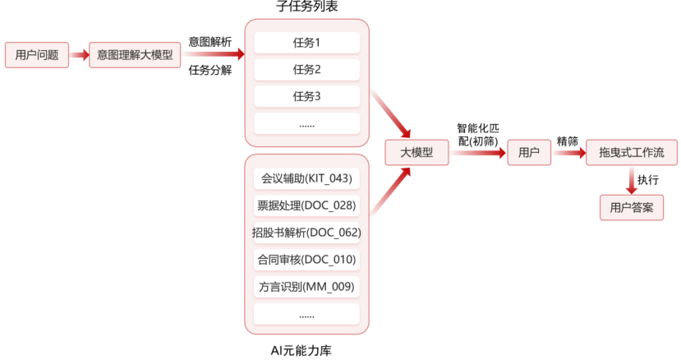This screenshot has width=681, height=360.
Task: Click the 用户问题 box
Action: pos(37,55)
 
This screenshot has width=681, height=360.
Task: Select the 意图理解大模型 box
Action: pos(135,55)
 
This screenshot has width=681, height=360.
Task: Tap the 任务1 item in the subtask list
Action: pos(306,42)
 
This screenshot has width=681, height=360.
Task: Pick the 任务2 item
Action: pos(306,69)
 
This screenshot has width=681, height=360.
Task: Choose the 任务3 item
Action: pos(306,96)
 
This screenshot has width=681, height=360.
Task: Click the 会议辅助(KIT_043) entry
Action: pos(306,178)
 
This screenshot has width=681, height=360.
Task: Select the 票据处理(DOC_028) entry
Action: pos(306,205)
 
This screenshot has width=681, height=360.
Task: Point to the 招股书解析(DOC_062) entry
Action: pos(306,232)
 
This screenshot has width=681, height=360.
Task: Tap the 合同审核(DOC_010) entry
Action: pos(306,260)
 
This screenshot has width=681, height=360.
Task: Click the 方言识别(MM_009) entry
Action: pos(306,287)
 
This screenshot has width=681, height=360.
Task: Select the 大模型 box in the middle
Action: pos(417,153)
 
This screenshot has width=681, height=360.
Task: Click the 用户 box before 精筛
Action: pos(529,153)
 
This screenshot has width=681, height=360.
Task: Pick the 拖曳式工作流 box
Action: pos(631,153)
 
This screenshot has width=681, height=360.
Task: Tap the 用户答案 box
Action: pos(631,207)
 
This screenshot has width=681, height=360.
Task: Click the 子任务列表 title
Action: pos(307,7)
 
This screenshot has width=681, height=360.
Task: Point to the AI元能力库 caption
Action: pos(306,351)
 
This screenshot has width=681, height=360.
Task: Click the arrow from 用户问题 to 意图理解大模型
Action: pos(79,55)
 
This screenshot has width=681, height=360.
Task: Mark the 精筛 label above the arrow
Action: pos(567,141)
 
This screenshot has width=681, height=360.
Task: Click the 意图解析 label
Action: pos(210,40)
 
